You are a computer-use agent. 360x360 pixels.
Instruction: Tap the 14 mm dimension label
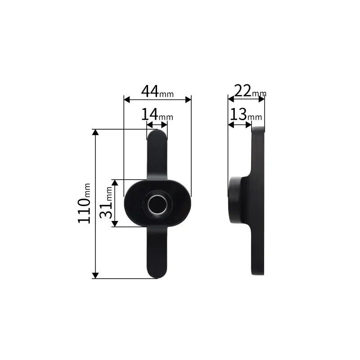[157, 115]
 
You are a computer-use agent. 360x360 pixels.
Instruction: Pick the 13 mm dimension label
[245, 115]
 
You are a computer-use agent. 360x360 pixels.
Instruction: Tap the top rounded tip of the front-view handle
[157, 134]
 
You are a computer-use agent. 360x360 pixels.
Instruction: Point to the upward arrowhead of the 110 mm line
[95, 132]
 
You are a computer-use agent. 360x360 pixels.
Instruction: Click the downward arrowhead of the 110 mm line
[95, 275]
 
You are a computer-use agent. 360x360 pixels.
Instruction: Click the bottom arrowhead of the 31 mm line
[115, 224]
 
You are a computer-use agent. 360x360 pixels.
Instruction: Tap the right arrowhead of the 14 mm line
[165, 125]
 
